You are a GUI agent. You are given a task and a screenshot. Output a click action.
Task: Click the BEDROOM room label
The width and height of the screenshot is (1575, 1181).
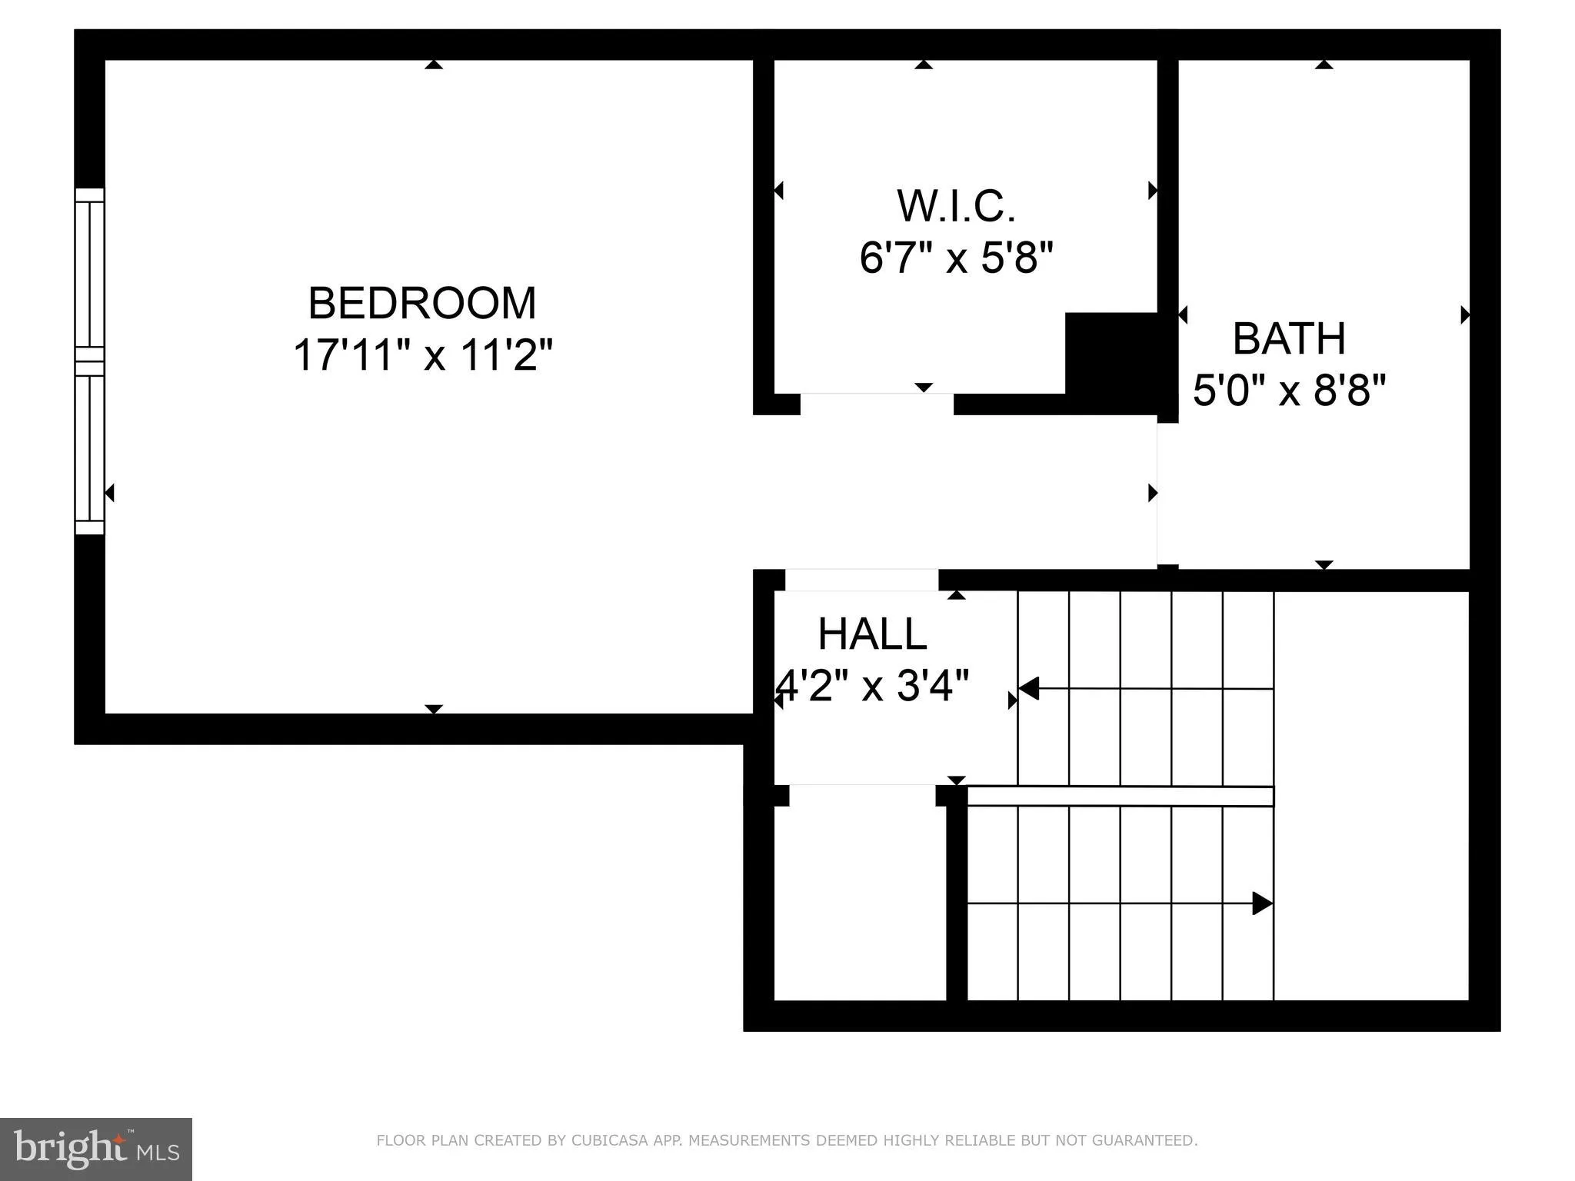tap(421, 304)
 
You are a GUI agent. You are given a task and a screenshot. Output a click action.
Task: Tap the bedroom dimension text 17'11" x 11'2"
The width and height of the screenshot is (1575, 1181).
tap(423, 355)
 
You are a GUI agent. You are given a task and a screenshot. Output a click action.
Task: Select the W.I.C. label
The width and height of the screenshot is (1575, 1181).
tap(956, 206)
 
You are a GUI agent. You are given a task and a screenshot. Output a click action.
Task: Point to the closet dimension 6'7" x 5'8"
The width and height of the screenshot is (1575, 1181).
tap(956, 257)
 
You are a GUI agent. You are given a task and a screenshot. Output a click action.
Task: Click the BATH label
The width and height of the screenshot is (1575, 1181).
tap(1289, 338)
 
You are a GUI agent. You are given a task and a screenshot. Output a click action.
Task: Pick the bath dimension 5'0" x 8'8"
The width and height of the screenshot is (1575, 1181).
tap(1289, 390)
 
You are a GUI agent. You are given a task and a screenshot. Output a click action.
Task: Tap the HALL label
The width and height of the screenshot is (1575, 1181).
tap(872, 634)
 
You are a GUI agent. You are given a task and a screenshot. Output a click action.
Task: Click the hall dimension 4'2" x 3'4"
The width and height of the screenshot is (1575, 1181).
tap(872, 684)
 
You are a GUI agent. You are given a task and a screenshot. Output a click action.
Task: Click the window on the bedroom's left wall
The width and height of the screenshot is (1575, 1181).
tap(89, 361)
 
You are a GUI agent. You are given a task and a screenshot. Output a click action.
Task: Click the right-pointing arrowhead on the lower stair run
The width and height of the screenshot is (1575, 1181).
tap(1261, 903)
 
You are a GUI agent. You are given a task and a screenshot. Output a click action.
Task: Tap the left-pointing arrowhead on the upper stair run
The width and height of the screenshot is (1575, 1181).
tap(1029, 688)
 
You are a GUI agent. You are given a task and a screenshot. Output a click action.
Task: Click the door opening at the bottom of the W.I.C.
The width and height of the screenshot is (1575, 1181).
tap(877, 404)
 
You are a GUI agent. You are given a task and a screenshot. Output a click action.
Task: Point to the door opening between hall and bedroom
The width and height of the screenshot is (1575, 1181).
tap(861, 580)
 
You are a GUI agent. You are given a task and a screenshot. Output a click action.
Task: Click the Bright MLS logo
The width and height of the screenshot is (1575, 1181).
tap(96, 1149)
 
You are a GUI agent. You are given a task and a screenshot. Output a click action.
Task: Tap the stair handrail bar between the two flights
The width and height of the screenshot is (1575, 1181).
tap(1120, 796)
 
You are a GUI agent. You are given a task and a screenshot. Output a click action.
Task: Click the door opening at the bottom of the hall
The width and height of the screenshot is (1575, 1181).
tap(862, 795)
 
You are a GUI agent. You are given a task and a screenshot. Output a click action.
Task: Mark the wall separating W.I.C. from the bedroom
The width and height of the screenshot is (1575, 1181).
tap(763, 231)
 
